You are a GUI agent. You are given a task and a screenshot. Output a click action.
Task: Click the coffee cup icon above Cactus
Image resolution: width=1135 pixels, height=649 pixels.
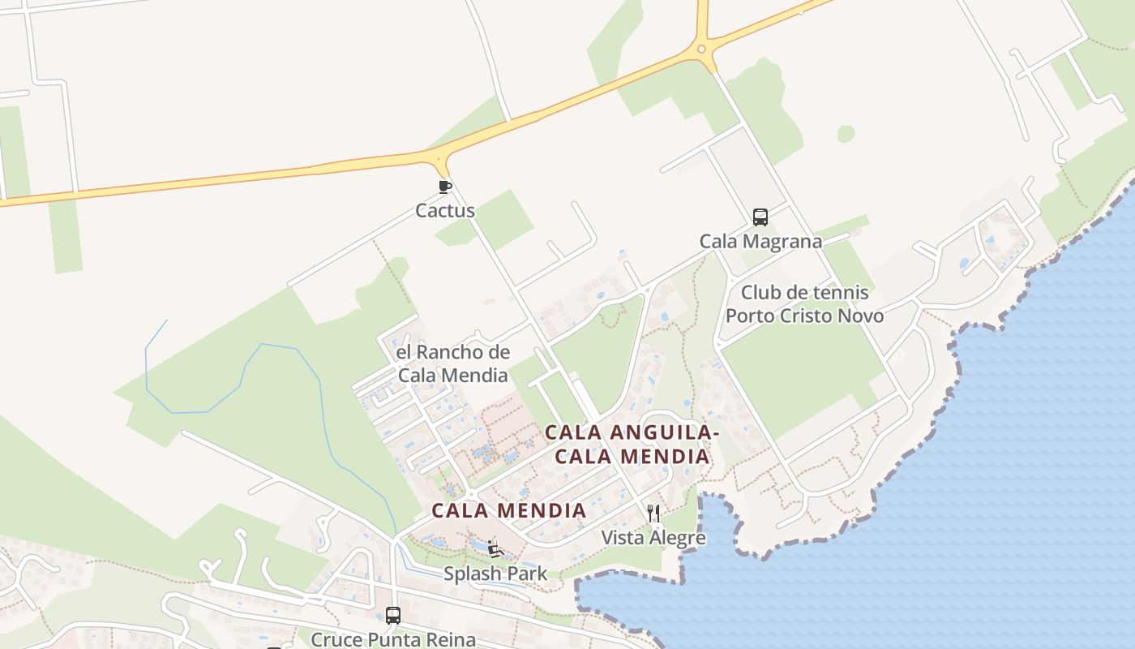444,187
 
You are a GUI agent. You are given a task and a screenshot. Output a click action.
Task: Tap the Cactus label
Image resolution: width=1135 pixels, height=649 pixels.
445,211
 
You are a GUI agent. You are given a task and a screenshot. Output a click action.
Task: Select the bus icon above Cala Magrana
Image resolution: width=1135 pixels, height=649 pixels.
760,217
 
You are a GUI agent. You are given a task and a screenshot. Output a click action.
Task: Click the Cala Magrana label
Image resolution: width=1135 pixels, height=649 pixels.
760,242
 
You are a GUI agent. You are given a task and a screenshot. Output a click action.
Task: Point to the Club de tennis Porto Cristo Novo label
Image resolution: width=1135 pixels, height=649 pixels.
804,304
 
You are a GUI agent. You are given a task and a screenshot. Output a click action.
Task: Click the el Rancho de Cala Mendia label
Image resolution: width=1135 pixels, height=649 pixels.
452,363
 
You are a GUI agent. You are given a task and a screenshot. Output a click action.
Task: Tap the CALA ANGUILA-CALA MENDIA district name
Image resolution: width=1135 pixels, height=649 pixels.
632,445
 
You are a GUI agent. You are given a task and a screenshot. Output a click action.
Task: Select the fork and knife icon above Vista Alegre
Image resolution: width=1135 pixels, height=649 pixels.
653,513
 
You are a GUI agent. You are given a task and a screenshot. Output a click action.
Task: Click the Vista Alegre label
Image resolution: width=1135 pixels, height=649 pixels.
653,538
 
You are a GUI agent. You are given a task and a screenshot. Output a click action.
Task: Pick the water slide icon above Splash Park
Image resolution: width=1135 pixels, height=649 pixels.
495,549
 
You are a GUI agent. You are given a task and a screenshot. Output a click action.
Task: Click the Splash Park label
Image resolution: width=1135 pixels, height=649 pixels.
495,574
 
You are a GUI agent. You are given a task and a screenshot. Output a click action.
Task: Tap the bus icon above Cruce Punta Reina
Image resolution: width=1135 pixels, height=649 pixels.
393,615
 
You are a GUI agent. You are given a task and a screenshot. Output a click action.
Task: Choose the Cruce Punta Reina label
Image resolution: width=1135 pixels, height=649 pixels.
393,639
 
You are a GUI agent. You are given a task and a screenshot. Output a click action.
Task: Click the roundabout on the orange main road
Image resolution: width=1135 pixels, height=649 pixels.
702,49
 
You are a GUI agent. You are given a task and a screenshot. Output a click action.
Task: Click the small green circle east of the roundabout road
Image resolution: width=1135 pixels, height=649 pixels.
846,134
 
